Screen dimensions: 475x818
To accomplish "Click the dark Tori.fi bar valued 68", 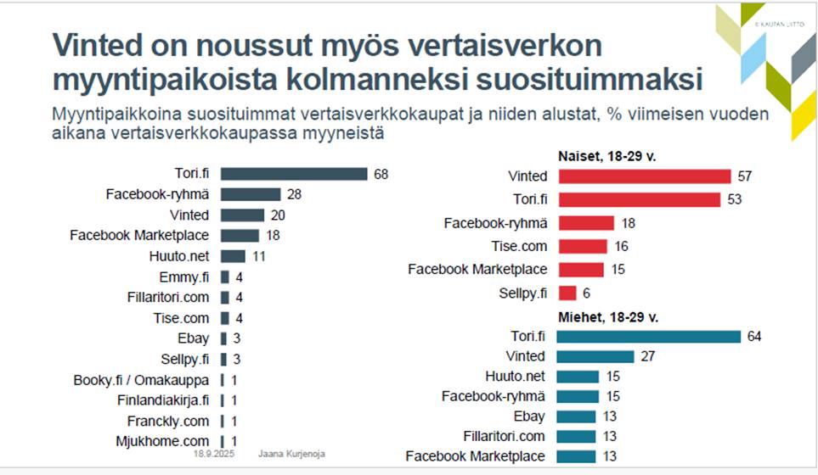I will tap(294, 174).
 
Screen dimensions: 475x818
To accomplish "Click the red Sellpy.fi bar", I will tap(567, 293).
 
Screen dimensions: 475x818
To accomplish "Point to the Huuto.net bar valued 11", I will tap(233, 255).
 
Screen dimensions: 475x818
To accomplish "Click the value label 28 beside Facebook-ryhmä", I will tap(295, 194).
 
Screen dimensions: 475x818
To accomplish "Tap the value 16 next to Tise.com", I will tap(622, 246).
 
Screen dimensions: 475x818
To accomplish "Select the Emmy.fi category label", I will tap(183, 277).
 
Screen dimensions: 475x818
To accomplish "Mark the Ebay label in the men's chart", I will tap(527, 416).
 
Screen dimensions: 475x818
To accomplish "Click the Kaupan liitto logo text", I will tap(782, 25).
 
